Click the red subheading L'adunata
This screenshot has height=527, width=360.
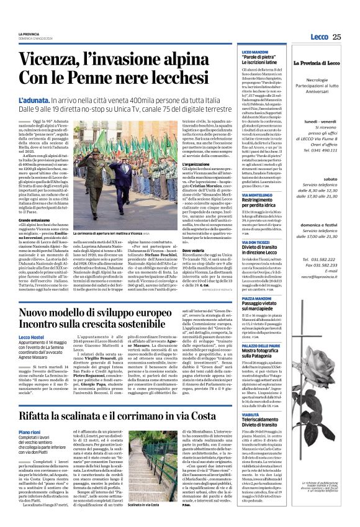[x=36, y=100]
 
